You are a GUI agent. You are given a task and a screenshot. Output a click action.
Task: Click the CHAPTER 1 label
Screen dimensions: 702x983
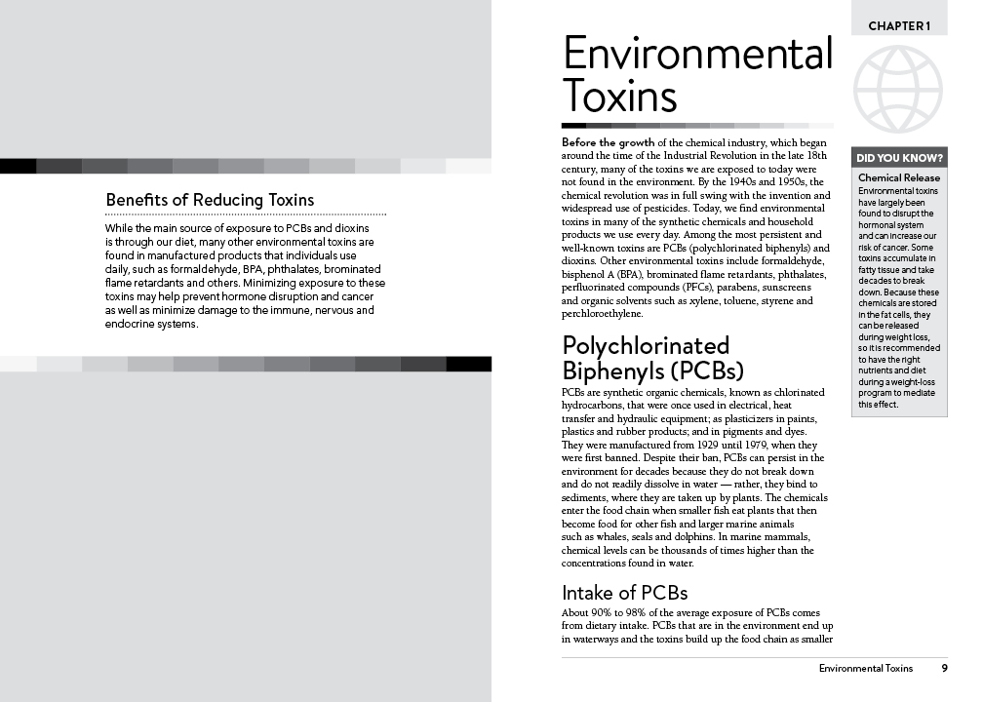(x=899, y=25)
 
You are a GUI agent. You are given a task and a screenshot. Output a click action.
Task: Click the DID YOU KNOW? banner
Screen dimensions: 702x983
(x=898, y=158)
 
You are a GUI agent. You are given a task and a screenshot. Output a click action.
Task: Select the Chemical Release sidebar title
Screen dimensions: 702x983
(x=898, y=178)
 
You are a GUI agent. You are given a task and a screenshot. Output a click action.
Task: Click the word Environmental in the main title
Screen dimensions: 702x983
(x=697, y=55)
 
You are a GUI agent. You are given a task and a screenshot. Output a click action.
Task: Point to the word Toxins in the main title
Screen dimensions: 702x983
(x=619, y=97)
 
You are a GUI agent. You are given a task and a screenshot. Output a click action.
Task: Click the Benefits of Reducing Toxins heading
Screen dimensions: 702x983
(x=210, y=200)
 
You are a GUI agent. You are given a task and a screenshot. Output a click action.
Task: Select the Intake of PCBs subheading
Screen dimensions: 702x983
(x=624, y=592)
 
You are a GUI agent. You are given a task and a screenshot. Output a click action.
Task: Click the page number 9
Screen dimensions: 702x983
(x=944, y=668)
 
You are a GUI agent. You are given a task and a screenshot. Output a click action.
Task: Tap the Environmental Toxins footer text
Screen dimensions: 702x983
(x=865, y=668)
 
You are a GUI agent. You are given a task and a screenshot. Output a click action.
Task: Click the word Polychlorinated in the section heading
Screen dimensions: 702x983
(x=645, y=346)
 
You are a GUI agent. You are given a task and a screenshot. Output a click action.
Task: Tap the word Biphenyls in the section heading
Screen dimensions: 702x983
(x=607, y=371)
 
